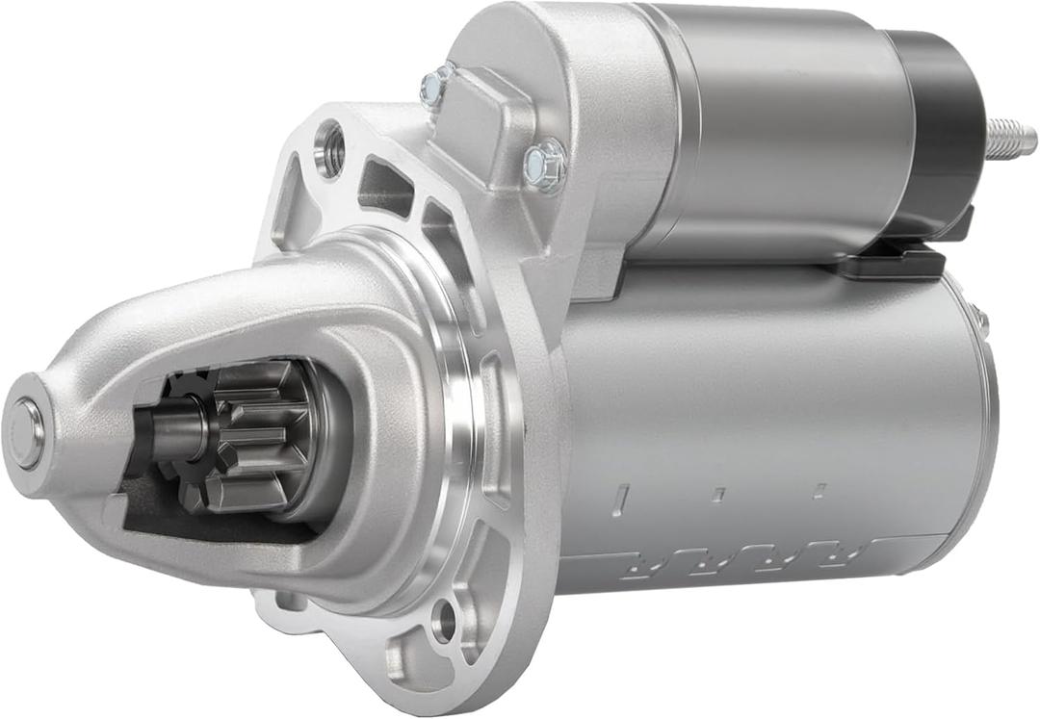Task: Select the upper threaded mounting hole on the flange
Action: click(x=330, y=148)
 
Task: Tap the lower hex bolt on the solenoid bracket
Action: click(x=545, y=167)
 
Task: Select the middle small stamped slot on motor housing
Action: click(x=717, y=494)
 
